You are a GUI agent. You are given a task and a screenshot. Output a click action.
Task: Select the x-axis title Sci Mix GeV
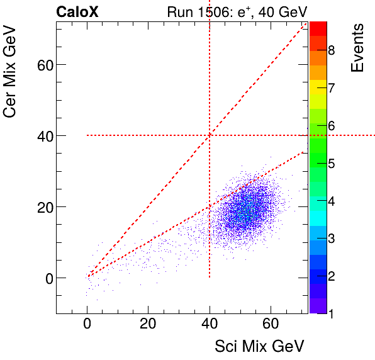pyautogui.click(x=259, y=346)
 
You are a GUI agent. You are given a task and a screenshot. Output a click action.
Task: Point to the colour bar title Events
pyautogui.click(x=357, y=48)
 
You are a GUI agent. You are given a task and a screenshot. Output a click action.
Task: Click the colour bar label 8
pyautogui.click(x=331, y=50)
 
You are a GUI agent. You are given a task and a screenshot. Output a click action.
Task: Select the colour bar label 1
pyautogui.click(x=331, y=313)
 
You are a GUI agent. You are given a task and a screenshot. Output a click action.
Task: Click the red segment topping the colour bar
pyautogui.click(x=318, y=28)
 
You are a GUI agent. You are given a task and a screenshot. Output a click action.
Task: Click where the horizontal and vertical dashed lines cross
pyautogui.click(x=210, y=135)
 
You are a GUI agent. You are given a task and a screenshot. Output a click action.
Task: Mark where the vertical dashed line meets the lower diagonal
pyautogui.click(x=210, y=206)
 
